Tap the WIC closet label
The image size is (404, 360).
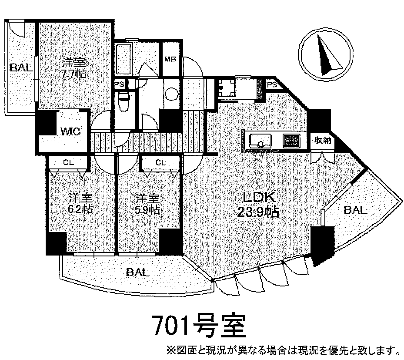pyautogui.click(x=70, y=131)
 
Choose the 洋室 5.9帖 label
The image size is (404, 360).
pyautogui.click(x=146, y=204)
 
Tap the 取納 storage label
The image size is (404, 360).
pyautogui.click(x=322, y=140)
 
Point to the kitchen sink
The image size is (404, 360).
pyautogui.click(x=260, y=140)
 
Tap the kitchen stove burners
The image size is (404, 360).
pyautogui.click(x=290, y=140)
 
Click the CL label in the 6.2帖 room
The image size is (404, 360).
pyautogui.click(x=68, y=162)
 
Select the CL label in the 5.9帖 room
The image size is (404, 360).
pyautogui.click(x=160, y=162)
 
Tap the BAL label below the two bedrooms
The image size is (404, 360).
pyautogui.click(x=138, y=273)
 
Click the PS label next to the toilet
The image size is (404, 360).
pyautogui.click(x=118, y=85)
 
